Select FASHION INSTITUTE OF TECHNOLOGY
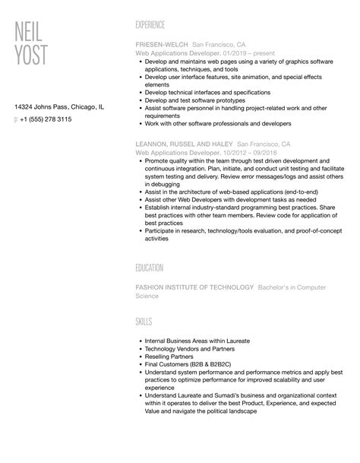194,287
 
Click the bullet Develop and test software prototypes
194,100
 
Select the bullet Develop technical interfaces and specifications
206,91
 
